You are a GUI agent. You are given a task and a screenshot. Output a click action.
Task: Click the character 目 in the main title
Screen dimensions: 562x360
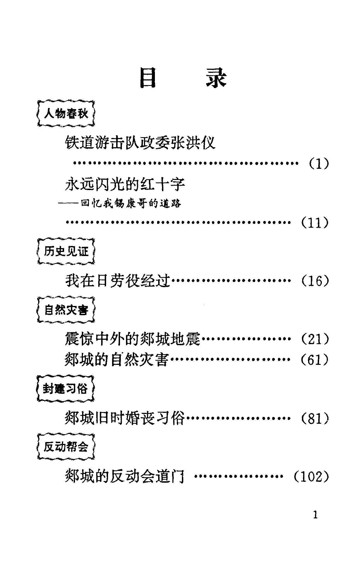click(x=148, y=79)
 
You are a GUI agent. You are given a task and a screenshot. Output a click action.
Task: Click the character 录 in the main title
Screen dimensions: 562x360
click(x=216, y=79)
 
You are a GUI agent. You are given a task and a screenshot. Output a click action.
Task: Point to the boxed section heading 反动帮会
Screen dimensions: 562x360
click(x=65, y=447)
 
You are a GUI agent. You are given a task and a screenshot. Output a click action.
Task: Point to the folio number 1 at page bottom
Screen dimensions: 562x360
click(x=316, y=515)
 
